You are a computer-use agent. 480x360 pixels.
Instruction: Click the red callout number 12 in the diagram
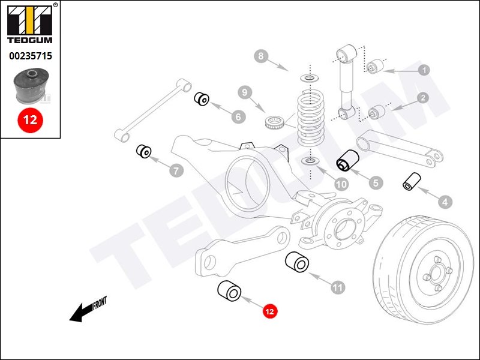click(269, 311)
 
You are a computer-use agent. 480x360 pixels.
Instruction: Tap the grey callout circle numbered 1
click(424, 70)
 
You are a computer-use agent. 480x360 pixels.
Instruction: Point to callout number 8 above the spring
click(260, 58)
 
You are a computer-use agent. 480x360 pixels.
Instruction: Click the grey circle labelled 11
click(338, 287)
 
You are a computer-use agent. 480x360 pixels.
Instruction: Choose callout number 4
click(445, 202)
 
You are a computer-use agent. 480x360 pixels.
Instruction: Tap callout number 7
click(176, 172)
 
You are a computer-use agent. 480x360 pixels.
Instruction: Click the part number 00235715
click(30, 56)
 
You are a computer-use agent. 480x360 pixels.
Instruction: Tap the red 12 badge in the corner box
click(30, 119)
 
